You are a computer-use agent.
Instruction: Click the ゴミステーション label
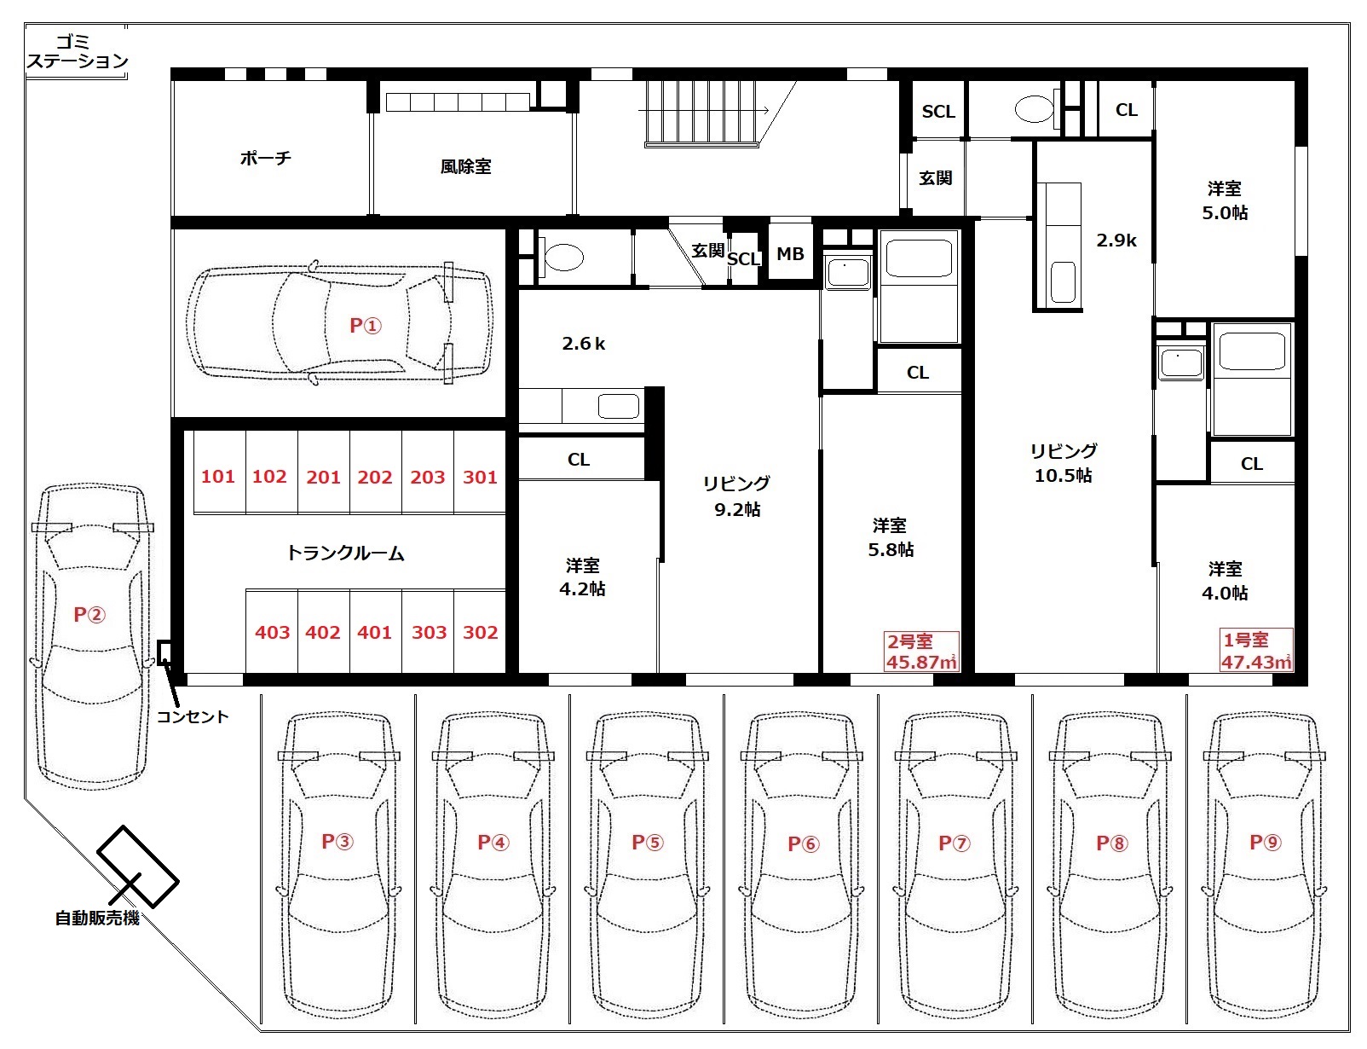coord(77,52)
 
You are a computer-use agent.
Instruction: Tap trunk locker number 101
coord(217,477)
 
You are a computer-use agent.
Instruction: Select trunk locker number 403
coord(272,632)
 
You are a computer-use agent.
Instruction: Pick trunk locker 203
coord(427,477)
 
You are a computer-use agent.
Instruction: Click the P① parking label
coord(366,325)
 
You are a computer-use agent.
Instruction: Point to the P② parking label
coord(89,614)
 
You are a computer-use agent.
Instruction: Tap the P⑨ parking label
coord(1265,842)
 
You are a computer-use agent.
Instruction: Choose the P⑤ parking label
coord(648,842)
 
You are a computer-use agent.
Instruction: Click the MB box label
coord(790,253)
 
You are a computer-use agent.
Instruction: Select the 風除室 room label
coord(465,167)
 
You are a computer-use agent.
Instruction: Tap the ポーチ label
coord(265,157)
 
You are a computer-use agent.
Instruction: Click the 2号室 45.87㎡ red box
coord(921,652)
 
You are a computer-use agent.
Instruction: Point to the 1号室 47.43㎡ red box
coord(1256,649)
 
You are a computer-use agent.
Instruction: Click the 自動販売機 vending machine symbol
coord(138,866)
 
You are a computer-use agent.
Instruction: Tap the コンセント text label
coord(193,716)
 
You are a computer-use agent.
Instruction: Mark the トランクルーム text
coord(345,553)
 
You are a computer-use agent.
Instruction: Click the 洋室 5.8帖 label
coord(890,537)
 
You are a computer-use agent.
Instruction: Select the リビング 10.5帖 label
coord(1063,463)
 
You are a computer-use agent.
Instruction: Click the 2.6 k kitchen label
coord(583,344)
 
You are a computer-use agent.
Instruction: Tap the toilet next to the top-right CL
coord(1034,109)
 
